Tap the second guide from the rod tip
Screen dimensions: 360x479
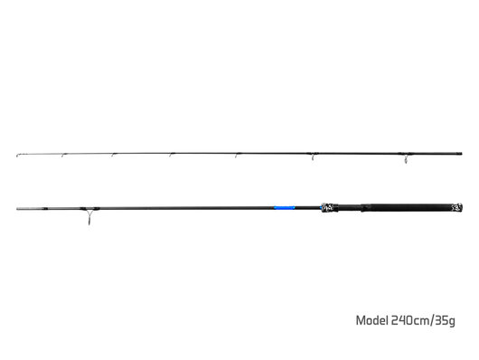(x=63, y=156)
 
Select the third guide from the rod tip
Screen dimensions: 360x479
(x=114, y=156)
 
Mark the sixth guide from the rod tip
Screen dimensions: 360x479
(x=313, y=157)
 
